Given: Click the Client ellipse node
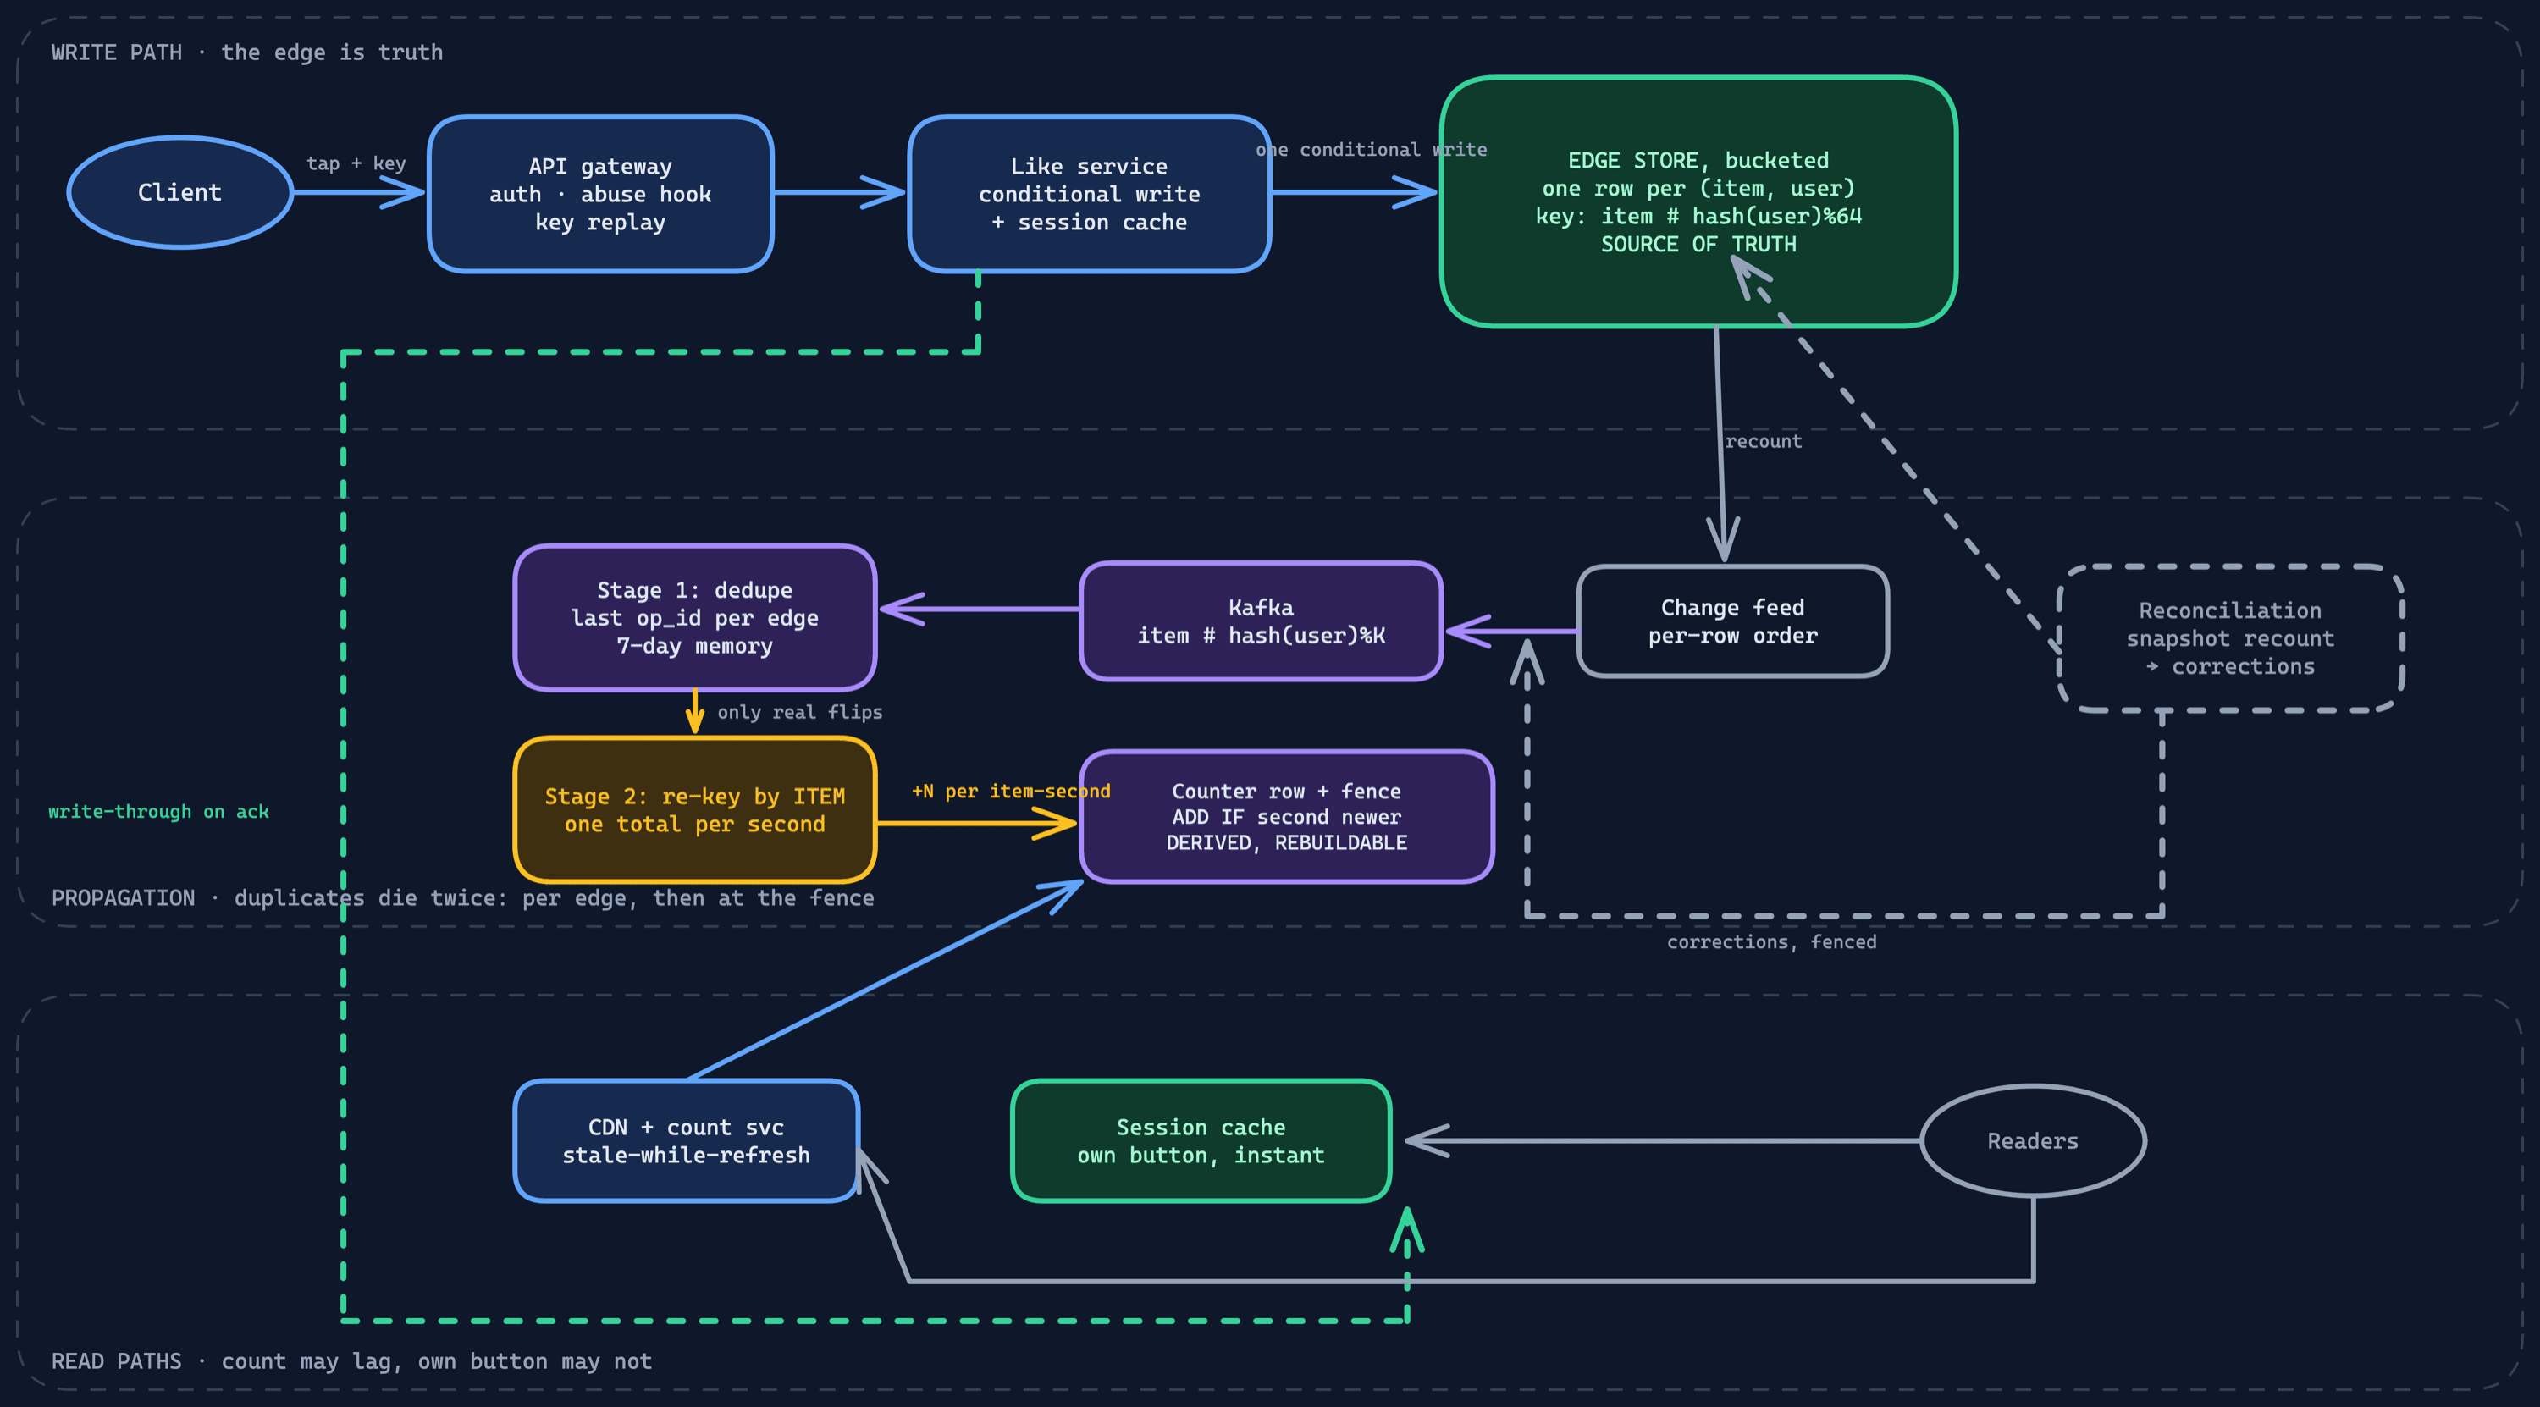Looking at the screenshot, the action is click(179, 192).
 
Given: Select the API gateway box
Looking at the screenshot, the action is click(600, 194).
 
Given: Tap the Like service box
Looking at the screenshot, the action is click(1090, 194).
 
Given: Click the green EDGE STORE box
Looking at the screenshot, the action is click(1699, 201).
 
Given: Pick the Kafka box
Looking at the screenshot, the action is click(1262, 621).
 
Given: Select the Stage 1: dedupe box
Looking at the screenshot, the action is click(695, 617).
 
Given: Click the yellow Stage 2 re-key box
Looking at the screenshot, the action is click(695, 809).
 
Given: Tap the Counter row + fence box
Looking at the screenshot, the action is click(1287, 816).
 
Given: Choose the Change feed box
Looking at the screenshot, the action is click(1732, 621).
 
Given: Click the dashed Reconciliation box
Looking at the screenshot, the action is click(2230, 638).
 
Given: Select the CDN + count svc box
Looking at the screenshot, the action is click(687, 1141).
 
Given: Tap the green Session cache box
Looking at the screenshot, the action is click(1201, 1141).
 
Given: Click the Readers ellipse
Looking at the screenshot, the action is click(2033, 1141).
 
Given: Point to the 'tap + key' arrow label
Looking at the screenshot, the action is click(356, 163).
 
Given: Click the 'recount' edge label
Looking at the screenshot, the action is click(1763, 441).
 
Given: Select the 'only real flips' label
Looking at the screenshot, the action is click(799, 712).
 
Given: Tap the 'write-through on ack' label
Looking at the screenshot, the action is click(159, 812).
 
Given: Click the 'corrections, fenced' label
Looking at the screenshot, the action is click(1772, 941).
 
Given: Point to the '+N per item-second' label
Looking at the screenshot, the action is click(1011, 791).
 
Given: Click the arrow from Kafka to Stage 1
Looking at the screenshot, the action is click(980, 609).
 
